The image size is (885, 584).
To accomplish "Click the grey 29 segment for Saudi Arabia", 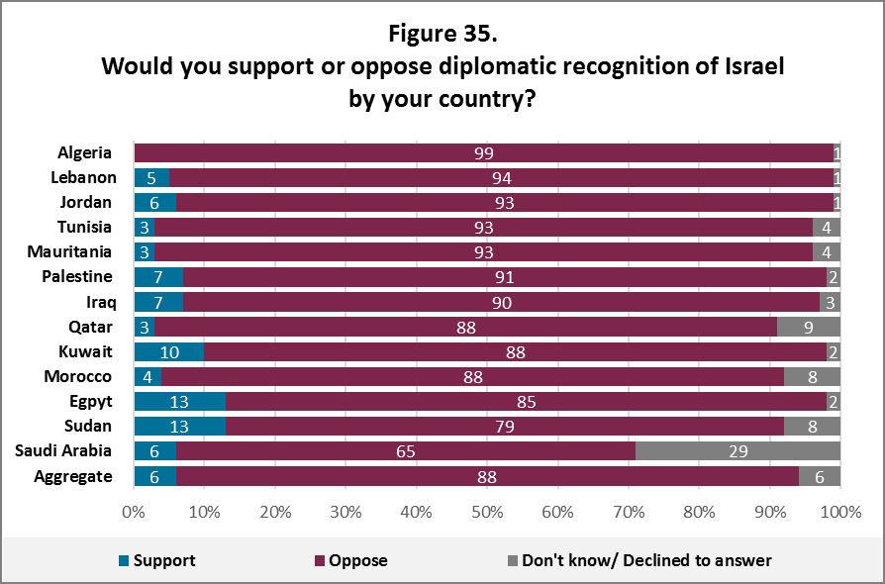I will [x=737, y=451].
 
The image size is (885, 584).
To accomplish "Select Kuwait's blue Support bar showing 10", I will [x=169, y=351].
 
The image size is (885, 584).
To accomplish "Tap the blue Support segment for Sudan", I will [x=179, y=427].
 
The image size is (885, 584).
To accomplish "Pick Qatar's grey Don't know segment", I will [x=809, y=327].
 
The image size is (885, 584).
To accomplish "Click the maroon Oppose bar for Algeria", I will [x=483, y=152].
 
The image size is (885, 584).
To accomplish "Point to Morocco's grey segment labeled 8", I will [x=812, y=376].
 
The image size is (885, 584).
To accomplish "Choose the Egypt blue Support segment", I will [x=179, y=402].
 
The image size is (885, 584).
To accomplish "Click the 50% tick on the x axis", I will [x=487, y=513].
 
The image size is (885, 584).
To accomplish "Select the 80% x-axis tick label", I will [x=699, y=513].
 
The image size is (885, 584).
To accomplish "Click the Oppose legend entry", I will [x=350, y=560].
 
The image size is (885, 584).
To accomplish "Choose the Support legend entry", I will [x=155, y=560].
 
